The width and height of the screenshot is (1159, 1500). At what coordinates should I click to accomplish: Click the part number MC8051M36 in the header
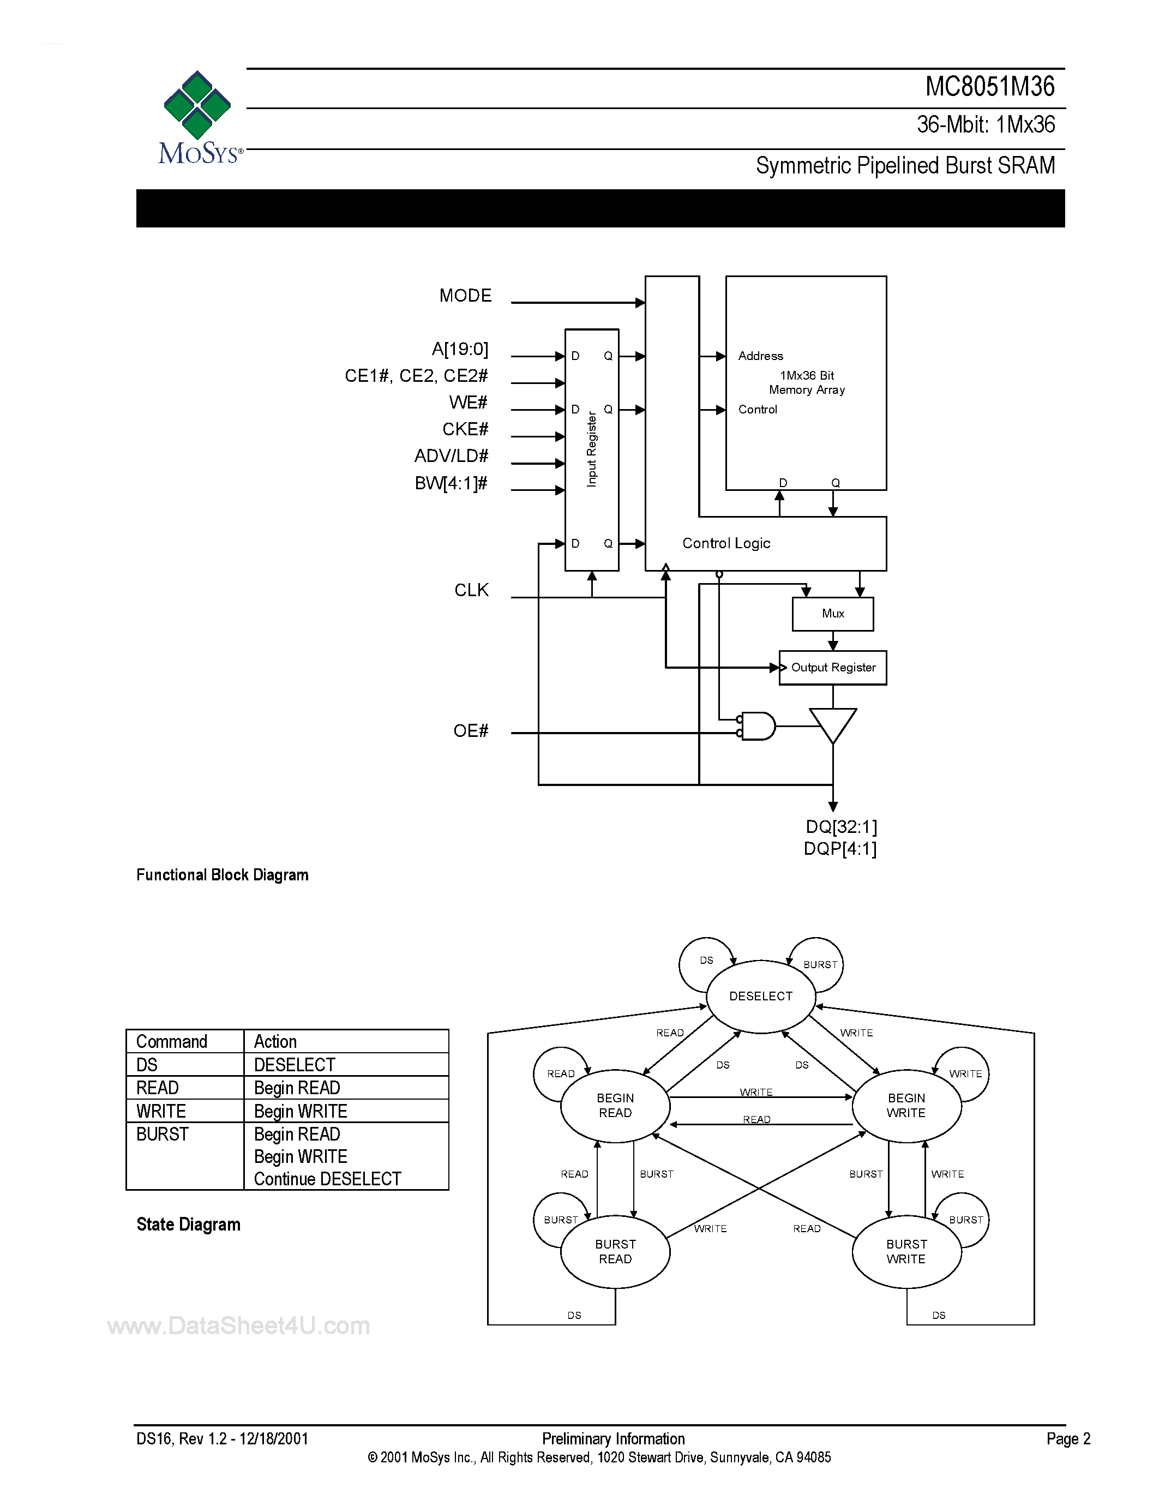point(989,87)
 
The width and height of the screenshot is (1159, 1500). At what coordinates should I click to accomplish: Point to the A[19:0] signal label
point(459,350)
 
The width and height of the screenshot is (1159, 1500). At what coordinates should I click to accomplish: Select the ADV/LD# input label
point(451,456)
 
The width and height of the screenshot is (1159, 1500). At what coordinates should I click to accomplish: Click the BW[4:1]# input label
point(451,483)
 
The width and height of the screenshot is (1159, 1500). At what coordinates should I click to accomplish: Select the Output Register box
point(832,668)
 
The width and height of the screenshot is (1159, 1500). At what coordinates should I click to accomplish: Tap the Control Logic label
point(726,543)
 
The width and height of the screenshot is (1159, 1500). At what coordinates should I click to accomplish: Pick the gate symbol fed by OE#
point(758,726)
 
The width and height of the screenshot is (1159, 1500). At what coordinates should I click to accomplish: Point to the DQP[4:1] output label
point(840,849)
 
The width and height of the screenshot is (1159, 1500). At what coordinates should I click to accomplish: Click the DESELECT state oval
point(760,997)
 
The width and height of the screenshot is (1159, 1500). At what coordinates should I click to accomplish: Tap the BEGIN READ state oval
point(615,1106)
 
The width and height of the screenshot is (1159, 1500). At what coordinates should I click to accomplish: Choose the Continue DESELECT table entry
point(327,1179)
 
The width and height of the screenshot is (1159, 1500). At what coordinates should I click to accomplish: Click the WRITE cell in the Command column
point(161,1111)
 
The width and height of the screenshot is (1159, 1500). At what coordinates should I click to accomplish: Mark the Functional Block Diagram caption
point(222,875)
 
